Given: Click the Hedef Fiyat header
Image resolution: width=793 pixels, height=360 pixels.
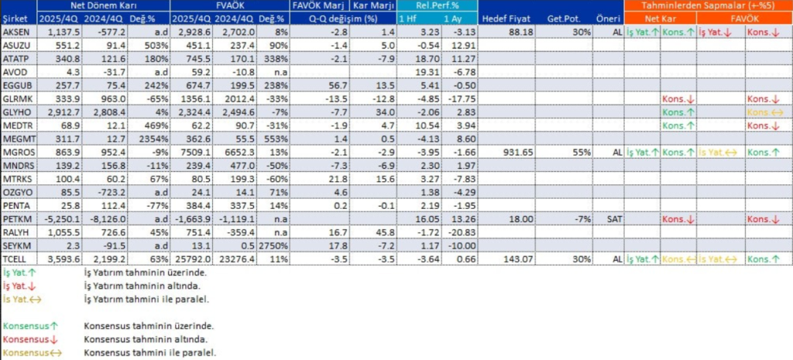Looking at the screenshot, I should (x=504, y=17).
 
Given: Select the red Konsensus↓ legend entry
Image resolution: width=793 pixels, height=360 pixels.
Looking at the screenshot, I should (x=27, y=339).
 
